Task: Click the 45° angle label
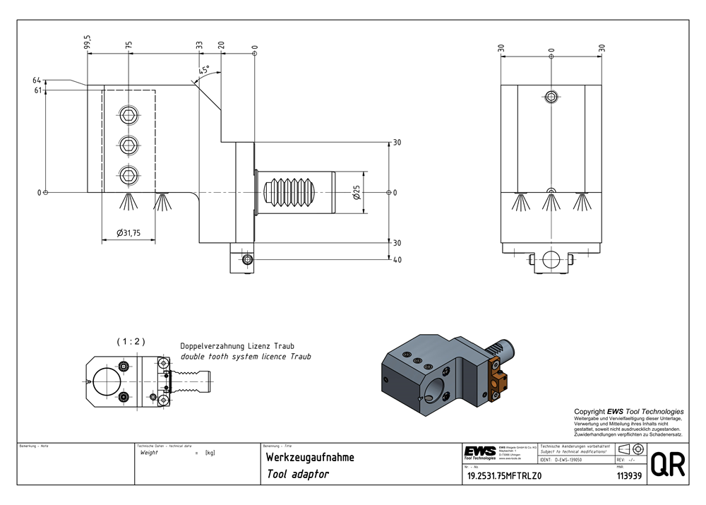point(205,70)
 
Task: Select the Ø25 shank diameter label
point(357,192)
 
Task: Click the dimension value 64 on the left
point(37,82)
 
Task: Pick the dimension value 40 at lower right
point(397,261)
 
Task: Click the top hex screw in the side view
point(128,116)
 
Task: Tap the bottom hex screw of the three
point(128,173)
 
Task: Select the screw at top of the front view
point(551,96)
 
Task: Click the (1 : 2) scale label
point(131,341)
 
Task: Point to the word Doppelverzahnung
point(213,347)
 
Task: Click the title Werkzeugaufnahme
point(310,458)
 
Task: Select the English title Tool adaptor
point(298,475)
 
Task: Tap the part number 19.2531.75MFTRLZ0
point(504,477)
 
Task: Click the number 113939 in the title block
point(628,477)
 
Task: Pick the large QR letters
point(666,465)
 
